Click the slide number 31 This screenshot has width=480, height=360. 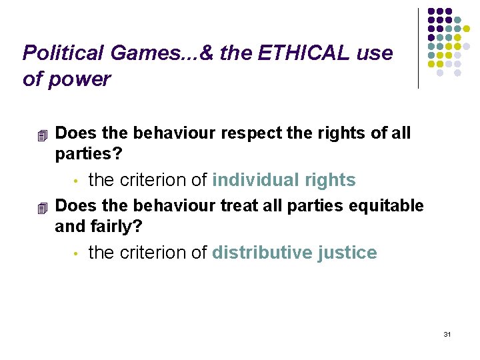pos(447,333)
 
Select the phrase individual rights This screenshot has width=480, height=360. pos(284,180)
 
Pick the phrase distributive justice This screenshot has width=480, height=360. pos(295,253)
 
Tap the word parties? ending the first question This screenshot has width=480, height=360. pos(89,153)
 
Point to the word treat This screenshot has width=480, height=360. pos(239,206)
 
